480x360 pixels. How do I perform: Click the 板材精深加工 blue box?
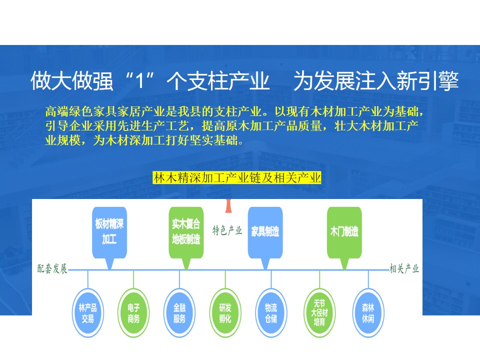(x=109, y=232)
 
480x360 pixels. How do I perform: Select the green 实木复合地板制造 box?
(x=186, y=232)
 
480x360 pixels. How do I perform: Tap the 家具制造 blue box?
(x=265, y=232)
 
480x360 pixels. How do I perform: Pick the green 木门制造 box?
(x=344, y=232)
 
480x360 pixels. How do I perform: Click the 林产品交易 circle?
(x=88, y=313)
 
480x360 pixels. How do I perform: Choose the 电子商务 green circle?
(x=133, y=313)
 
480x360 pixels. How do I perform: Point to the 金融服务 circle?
(x=179, y=313)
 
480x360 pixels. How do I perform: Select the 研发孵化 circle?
(x=225, y=313)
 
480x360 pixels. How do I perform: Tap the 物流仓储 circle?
(x=271, y=313)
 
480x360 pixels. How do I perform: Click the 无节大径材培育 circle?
(x=319, y=313)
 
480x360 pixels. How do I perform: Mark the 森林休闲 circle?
(x=368, y=313)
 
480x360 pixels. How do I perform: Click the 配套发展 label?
(x=52, y=269)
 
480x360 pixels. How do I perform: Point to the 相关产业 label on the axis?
(x=404, y=269)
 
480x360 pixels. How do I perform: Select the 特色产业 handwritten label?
(x=227, y=230)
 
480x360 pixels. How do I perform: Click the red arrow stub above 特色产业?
(x=228, y=205)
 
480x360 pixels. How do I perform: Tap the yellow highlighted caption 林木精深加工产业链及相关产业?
(x=237, y=178)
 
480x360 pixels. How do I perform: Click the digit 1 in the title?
(x=139, y=81)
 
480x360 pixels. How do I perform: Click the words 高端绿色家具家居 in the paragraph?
(x=93, y=111)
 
